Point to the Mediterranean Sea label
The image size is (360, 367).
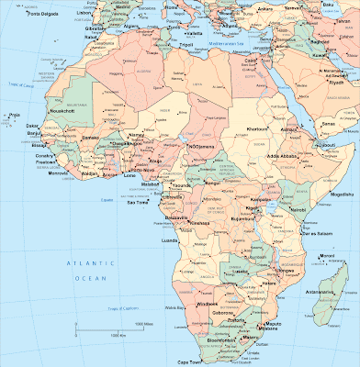click(x=224, y=42)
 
